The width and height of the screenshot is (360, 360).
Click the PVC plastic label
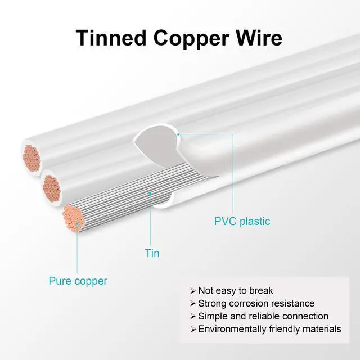tap(242, 221)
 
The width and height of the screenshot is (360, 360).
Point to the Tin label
tap(151, 253)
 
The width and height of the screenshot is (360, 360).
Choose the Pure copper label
tap(78, 281)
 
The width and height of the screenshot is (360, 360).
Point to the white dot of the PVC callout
tap(178, 134)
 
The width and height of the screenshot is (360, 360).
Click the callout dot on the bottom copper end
tap(77, 223)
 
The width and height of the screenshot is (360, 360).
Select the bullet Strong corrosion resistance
tap(256, 303)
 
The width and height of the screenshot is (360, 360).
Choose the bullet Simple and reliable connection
tap(263, 316)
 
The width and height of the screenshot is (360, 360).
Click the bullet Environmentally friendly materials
tap(269, 329)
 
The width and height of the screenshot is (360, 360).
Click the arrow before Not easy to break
tap(193, 291)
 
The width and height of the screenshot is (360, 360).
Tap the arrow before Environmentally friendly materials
tap(193, 330)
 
